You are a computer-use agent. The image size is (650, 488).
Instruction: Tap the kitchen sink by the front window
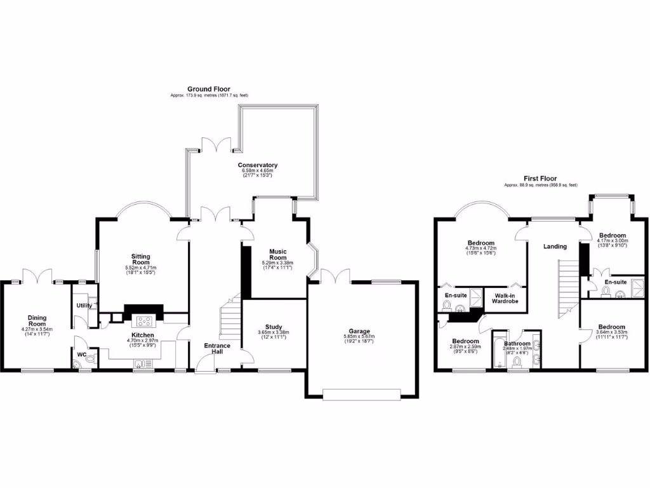141,363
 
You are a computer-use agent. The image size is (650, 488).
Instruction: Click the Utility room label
84,306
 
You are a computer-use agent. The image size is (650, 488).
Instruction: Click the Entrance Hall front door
204,363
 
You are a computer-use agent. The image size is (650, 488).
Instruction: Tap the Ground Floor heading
208,89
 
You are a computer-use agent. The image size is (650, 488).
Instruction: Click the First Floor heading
540,179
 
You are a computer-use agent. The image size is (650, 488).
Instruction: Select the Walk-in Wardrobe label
505,298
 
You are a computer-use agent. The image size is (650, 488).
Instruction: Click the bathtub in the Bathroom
498,350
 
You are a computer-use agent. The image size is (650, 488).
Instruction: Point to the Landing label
555,246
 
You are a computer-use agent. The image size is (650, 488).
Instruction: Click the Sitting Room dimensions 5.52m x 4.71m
140,269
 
